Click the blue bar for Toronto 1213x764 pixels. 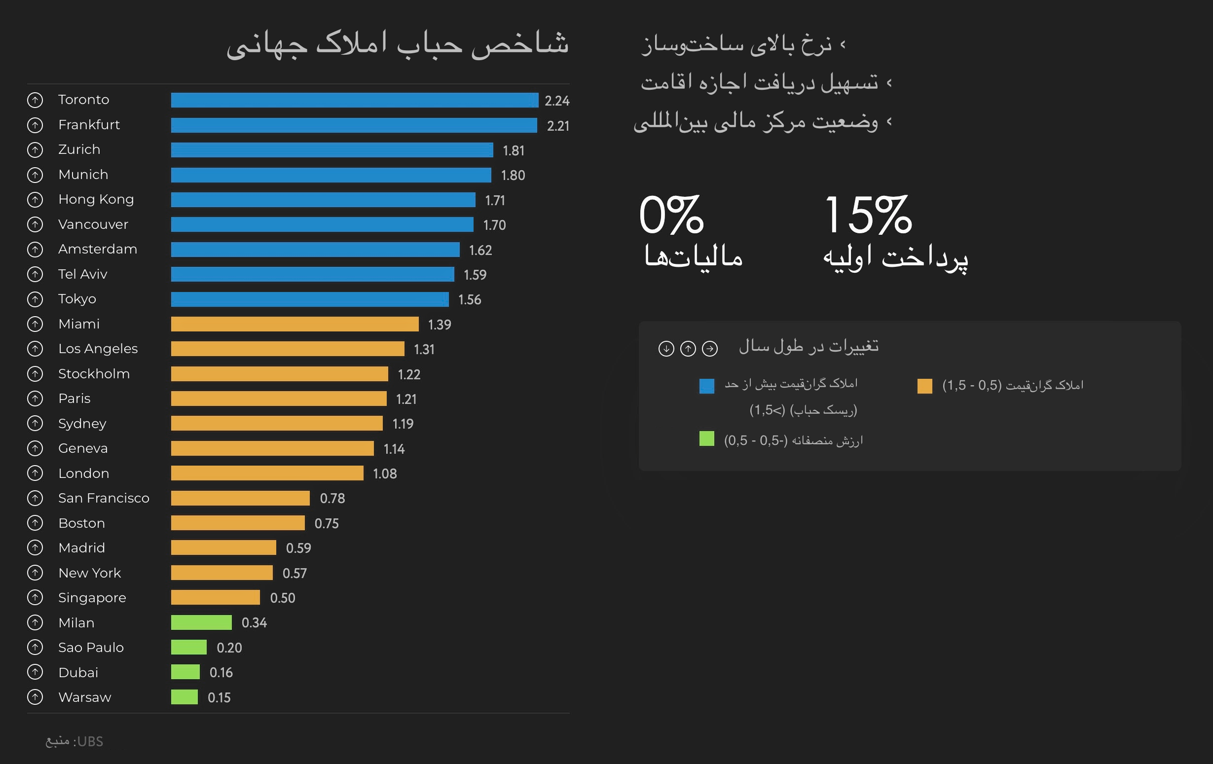[354, 100]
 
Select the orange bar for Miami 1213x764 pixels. [294, 325]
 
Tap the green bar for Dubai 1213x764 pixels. [185, 672]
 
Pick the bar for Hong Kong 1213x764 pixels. [323, 200]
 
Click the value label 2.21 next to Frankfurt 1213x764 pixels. [557, 126]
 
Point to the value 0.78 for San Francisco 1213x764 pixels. [332, 499]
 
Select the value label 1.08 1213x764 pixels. [385, 474]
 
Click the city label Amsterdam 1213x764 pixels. [98, 249]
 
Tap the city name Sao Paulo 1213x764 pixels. [91, 648]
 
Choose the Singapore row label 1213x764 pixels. [92, 598]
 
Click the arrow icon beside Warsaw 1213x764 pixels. [35, 697]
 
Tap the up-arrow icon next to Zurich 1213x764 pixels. [35, 150]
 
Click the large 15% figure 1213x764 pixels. [867, 216]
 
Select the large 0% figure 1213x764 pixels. [671, 216]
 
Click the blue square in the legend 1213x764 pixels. [707, 386]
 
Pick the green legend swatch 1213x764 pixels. [707, 438]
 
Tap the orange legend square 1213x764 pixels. [924, 386]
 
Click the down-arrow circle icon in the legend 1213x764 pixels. [666, 349]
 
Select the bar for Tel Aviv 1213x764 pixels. [312, 274]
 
